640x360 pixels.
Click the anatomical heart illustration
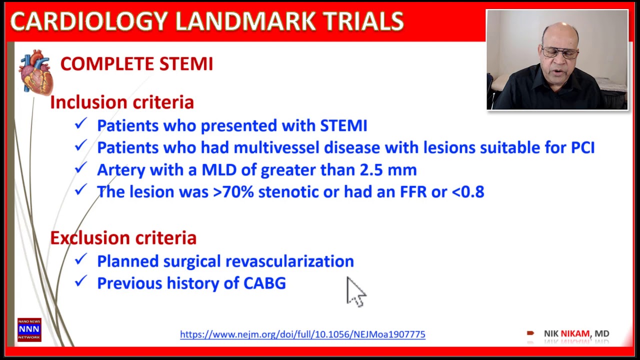35,72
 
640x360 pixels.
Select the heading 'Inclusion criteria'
121,102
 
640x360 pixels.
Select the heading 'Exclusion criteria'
123,238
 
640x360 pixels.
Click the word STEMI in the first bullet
343,125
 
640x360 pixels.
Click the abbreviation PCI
582,147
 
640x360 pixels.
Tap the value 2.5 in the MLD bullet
371,170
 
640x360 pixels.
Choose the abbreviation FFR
413,192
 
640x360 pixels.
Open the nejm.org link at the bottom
302,334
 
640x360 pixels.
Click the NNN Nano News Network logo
29,330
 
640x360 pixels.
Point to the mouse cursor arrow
355,291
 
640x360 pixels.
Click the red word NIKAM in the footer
575,333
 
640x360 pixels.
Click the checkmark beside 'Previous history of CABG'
80,282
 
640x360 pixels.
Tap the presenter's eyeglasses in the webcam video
560,51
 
